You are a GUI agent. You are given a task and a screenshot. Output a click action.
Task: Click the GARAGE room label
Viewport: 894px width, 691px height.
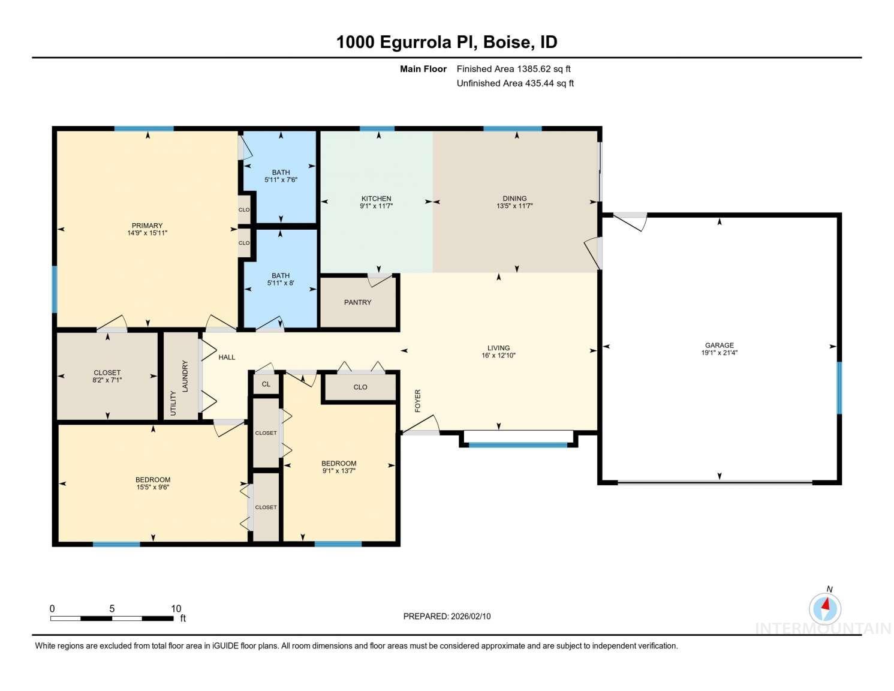719,345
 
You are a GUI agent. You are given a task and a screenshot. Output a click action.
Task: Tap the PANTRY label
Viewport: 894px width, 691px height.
357,302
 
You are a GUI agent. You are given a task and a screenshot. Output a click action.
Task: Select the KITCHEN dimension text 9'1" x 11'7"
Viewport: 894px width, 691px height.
376,206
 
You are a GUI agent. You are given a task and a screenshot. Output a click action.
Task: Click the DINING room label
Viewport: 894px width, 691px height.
514,199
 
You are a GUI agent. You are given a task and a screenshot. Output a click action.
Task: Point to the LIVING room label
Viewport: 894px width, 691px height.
498,348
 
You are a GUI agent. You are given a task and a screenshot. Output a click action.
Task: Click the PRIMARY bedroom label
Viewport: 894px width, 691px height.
147,226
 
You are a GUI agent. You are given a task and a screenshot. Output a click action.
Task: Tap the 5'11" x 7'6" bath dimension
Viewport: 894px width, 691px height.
281,180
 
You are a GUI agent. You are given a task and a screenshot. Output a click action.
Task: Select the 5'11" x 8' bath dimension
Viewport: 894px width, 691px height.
281,283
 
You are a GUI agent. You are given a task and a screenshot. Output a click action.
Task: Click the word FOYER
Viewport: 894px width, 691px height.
418,401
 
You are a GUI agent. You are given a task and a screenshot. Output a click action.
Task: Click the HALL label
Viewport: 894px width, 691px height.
227,357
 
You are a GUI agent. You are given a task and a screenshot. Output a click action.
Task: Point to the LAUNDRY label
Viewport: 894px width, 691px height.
185,376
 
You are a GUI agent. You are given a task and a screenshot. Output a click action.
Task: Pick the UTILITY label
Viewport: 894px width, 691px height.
173,403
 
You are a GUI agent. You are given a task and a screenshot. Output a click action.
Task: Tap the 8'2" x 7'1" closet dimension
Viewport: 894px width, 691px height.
107,380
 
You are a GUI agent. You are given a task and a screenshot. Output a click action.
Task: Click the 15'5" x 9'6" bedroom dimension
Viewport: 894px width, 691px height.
153,487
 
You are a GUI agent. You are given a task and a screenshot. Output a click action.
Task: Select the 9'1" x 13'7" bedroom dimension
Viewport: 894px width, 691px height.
339,471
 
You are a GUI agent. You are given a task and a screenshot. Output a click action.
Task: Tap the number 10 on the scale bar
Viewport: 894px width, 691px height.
176,608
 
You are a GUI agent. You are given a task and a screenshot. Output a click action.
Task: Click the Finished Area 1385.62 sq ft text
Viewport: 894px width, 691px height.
513,69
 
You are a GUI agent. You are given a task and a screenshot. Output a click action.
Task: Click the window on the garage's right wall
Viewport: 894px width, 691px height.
839,387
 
